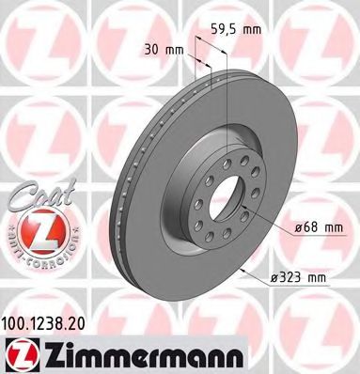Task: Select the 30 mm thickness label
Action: tap(162, 50)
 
